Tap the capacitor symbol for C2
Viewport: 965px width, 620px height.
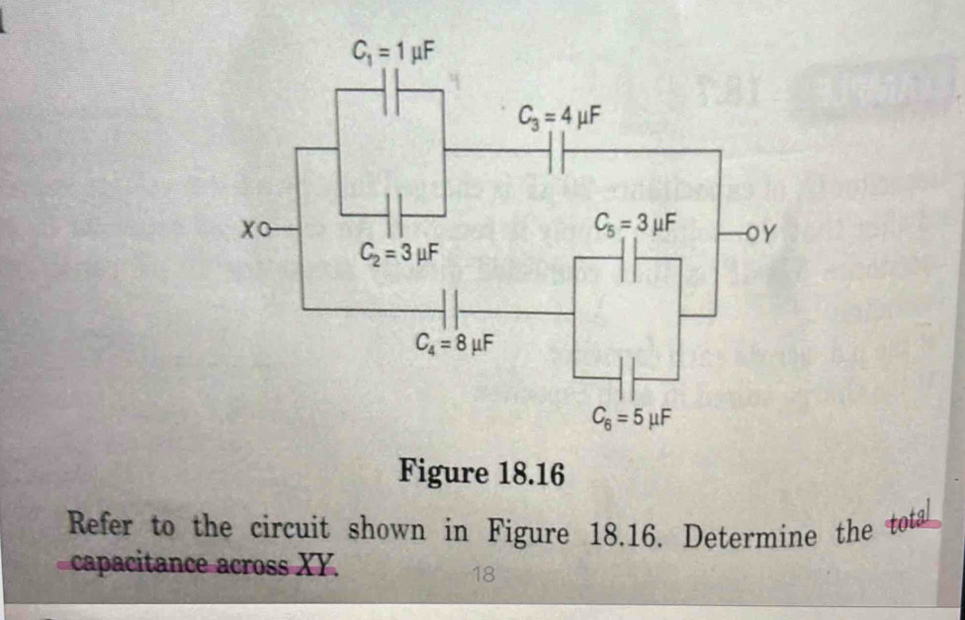[x=393, y=214]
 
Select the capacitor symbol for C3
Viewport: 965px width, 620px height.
[x=556, y=151]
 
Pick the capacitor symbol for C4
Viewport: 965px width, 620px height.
[x=451, y=309]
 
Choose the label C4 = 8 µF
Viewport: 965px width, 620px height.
[x=456, y=345]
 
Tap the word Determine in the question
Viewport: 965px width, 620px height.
[x=751, y=535]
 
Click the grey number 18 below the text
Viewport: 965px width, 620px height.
[x=483, y=573]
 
